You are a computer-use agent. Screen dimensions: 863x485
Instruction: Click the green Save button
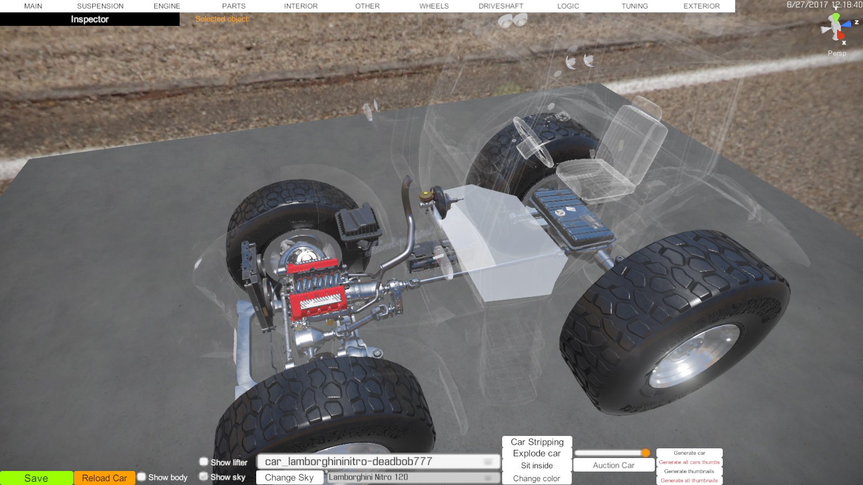pyautogui.click(x=36, y=478)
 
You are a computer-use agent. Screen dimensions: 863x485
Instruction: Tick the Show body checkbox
pyautogui.click(x=142, y=477)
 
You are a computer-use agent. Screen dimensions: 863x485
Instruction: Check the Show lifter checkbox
pyautogui.click(x=203, y=461)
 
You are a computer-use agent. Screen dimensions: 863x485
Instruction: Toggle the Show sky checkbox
pyautogui.click(x=203, y=476)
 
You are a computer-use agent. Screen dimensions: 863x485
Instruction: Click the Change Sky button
pyautogui.click(x=289, y=477)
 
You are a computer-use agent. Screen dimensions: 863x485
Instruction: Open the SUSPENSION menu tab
pyautogui.click(x=100, y=6)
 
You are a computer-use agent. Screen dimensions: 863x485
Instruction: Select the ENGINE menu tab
pyautogui.click(x=167, y=6)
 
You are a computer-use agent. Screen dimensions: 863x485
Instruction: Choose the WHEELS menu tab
pyautogui.click(x=434, y=6)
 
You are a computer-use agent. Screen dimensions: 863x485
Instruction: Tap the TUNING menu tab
pyautogui.click(x=634, y=6)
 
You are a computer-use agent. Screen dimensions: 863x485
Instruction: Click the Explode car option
pyautogui.click(x=537, y=453)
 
